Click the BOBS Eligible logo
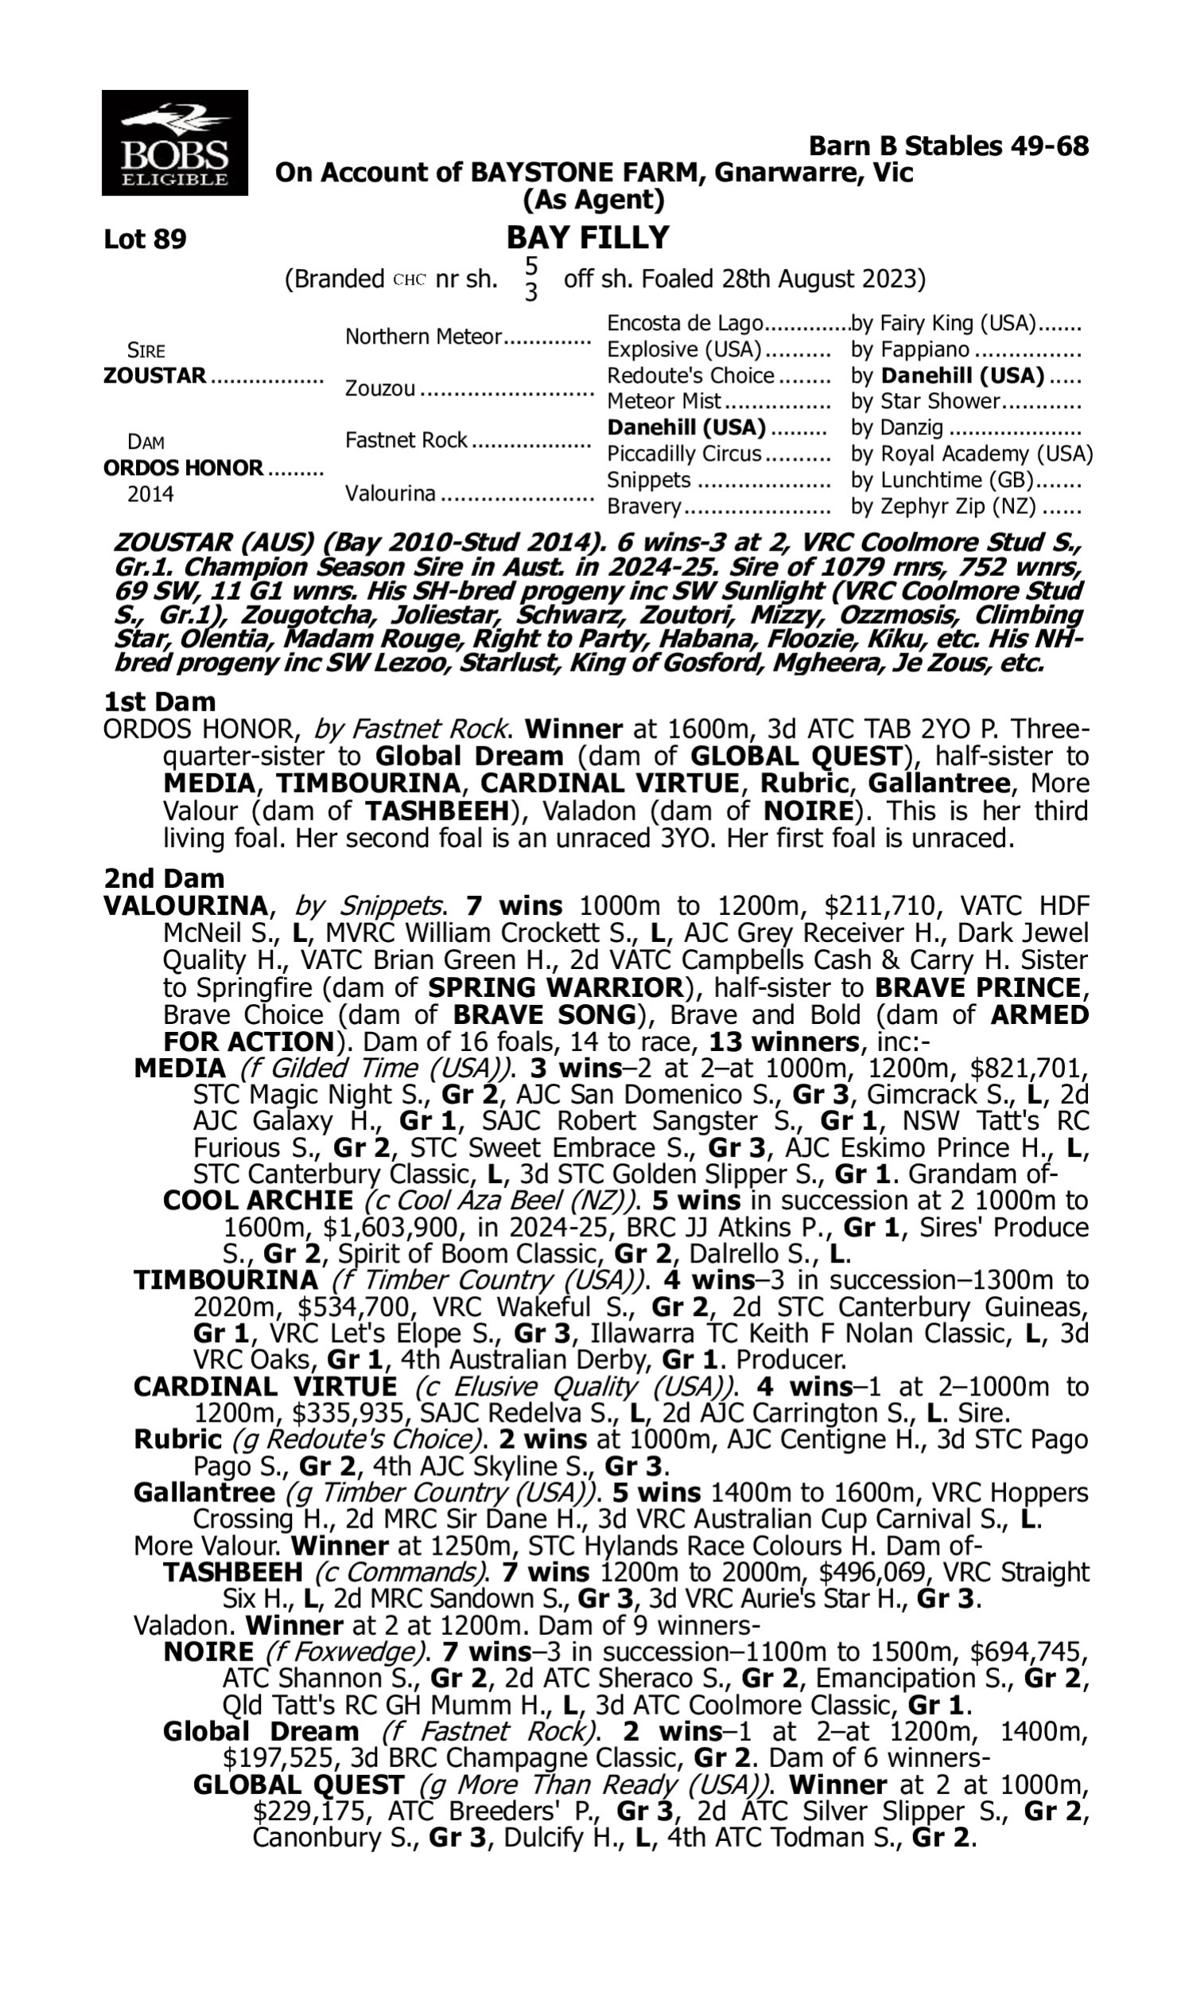point(174,143)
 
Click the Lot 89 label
point(145,239)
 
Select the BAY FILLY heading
point(588,237)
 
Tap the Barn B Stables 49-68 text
point(949,146)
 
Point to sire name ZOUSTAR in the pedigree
point(154,376)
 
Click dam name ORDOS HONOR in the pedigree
point(183,467)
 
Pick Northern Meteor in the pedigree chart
point(423,336)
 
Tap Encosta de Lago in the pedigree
point(684,323)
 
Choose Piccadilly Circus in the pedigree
point(683,453)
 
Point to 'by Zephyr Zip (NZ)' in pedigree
point(943,507)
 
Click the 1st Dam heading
point(160,702)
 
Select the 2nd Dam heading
point(164,878)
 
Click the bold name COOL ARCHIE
point(257,1201)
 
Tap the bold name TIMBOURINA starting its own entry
point(226,1279)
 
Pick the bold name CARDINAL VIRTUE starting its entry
point(266,1386)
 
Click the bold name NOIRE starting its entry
point(208,1652)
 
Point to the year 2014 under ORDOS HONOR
point(150,493)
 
